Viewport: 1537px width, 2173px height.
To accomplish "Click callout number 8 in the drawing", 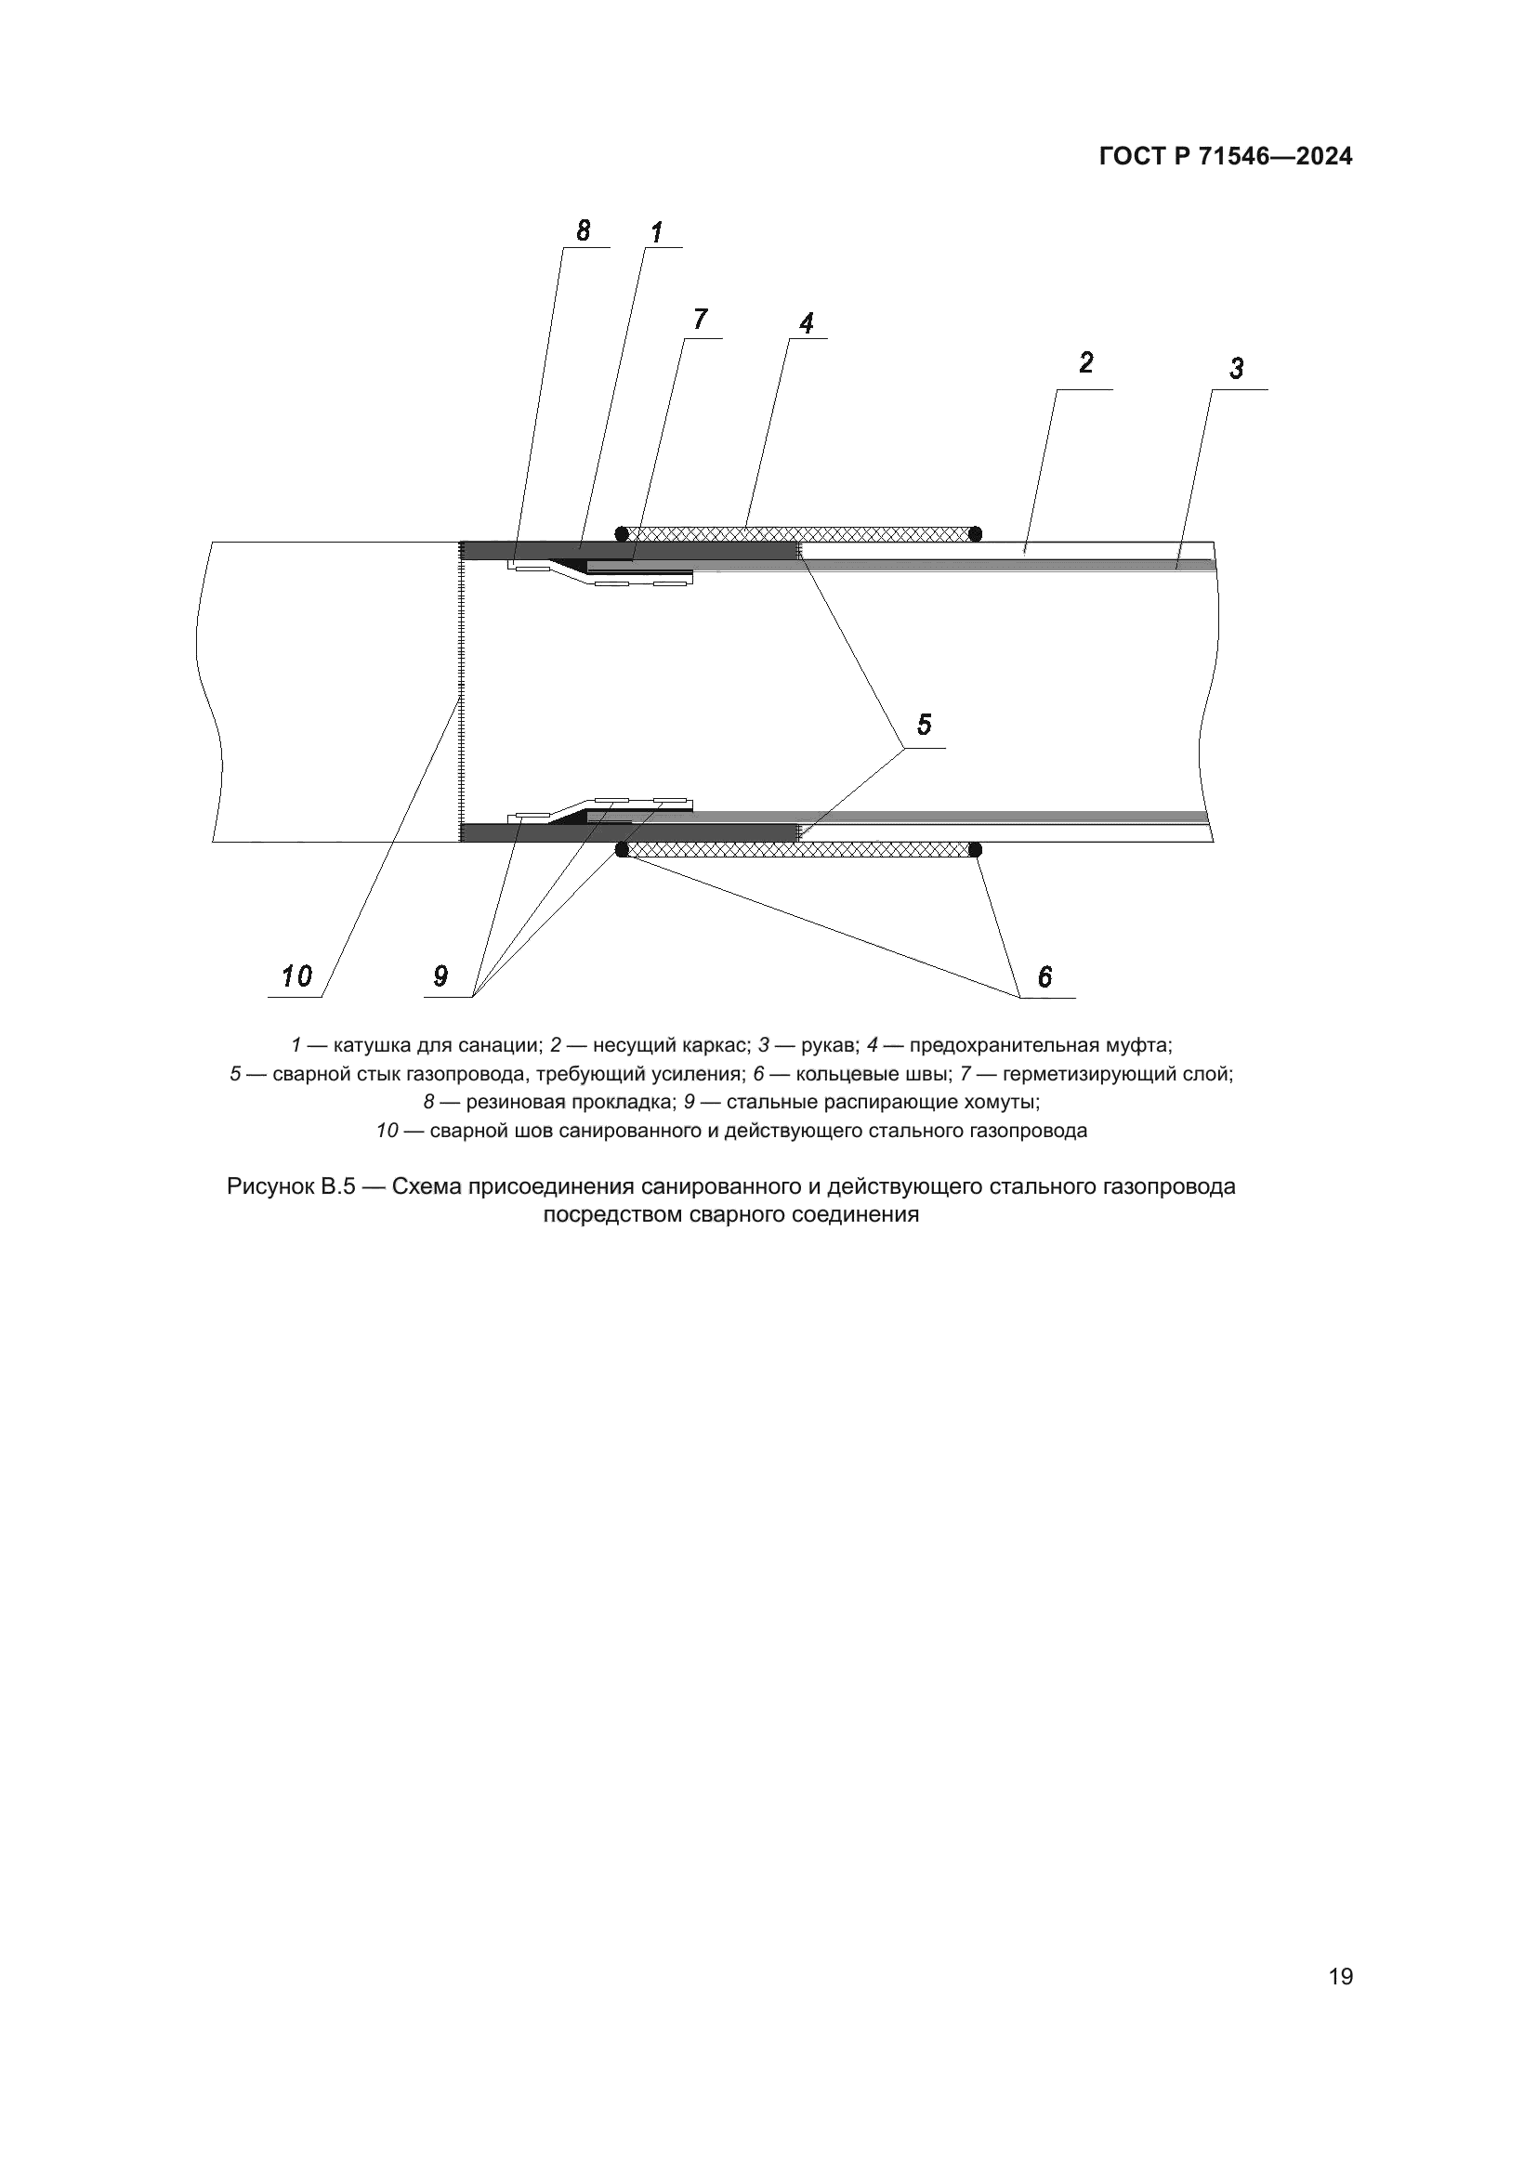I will (x=583, y=230).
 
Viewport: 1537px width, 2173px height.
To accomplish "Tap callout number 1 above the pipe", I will (x=656, y=232).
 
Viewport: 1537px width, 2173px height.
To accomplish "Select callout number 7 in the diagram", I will (x=700, y=320).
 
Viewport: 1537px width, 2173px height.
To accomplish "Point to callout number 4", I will (x=806, y=323).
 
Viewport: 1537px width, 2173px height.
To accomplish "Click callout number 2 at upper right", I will (x=1085, y=362).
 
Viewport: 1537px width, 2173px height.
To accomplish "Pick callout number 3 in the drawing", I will (x=1236, y=368).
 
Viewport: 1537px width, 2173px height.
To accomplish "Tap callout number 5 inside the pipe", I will (x=924, y=724).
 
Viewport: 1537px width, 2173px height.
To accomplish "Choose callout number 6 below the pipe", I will (x=1044, y=976).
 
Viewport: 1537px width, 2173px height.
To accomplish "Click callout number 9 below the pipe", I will (x=440, y=975).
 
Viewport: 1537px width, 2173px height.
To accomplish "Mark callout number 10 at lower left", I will (x=296, y=975).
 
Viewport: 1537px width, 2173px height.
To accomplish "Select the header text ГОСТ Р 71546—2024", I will (x=1226, y=157).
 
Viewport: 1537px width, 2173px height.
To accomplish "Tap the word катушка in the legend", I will (x=372, y=1046).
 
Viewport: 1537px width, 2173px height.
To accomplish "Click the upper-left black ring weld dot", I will (x=622, y=534).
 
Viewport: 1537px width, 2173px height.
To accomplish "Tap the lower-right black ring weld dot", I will (x=975, y=850).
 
